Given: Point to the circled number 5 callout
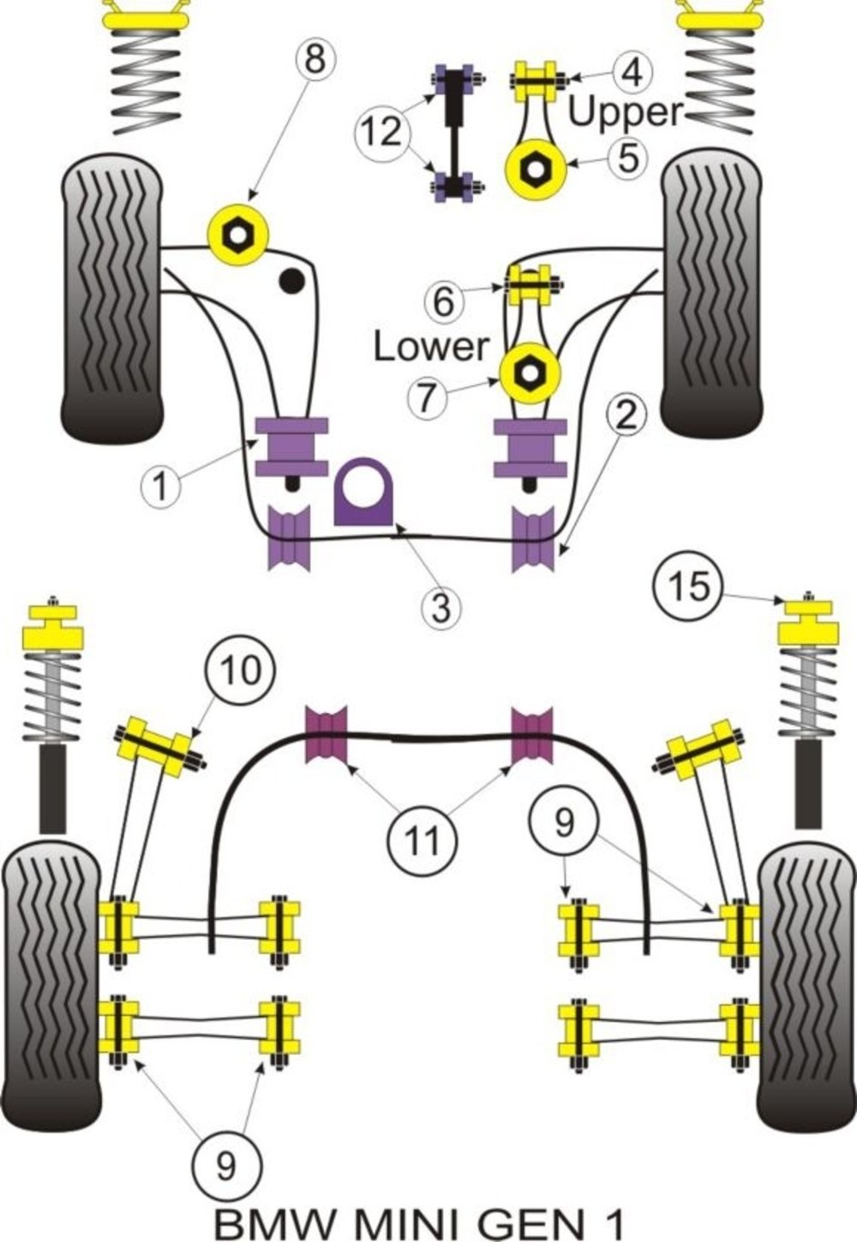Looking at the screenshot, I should [x=628, y=157].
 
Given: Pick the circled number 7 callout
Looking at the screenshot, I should [x=432, y=398].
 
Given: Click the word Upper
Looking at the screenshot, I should [x=626, y=113].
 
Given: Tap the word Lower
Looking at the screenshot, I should [x=430, y=346].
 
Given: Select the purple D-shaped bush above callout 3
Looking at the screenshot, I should [x=363, y=491].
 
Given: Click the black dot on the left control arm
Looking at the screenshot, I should [x=292, y=280].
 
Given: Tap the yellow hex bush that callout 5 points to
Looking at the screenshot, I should [x=536, y=169].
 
